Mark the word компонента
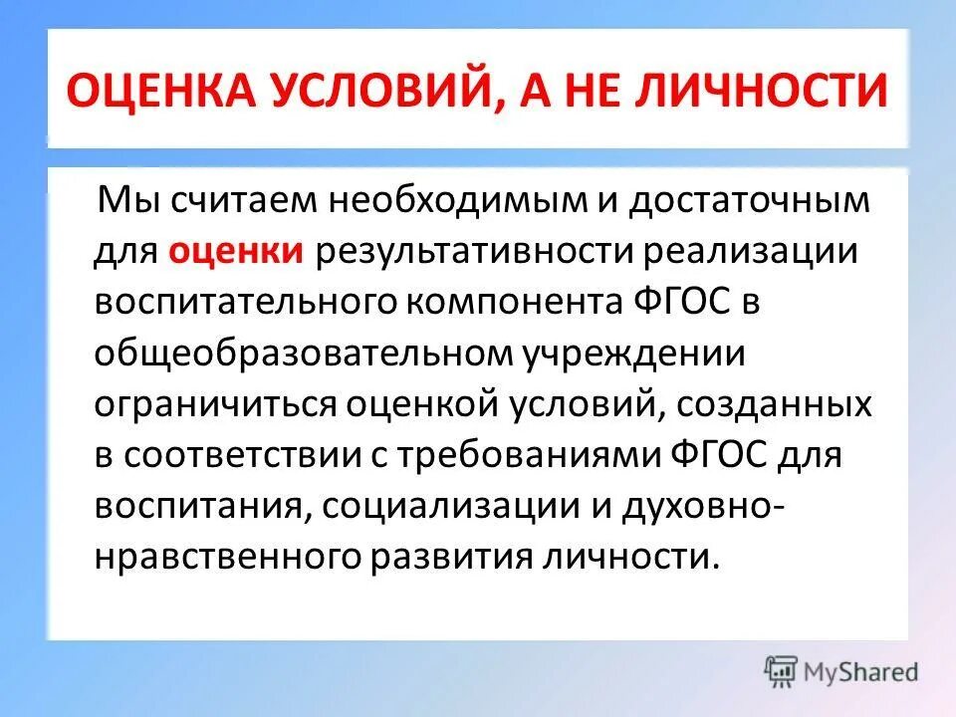point(498,301)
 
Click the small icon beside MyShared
point(781,670)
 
